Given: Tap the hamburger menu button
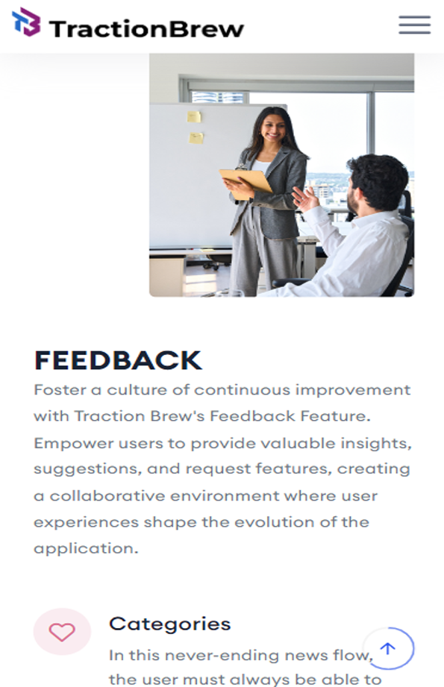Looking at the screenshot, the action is pos(415,25).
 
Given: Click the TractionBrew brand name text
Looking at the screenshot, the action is pos(146,29).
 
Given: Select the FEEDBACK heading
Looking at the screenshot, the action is pos(118,360).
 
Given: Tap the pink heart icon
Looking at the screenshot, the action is pos(62,632).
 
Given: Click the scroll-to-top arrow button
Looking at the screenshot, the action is pos(388,648).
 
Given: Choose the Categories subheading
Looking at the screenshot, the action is pos(169,624).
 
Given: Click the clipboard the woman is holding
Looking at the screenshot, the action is pos(246,183).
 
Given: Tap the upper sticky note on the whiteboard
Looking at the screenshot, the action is pos(194,116).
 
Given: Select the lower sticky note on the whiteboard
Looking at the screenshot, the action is pos(196,138).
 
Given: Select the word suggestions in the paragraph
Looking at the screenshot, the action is pos(87,469).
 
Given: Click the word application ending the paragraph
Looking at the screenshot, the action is pos(86,549).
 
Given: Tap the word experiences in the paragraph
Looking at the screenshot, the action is pos(87,522).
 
